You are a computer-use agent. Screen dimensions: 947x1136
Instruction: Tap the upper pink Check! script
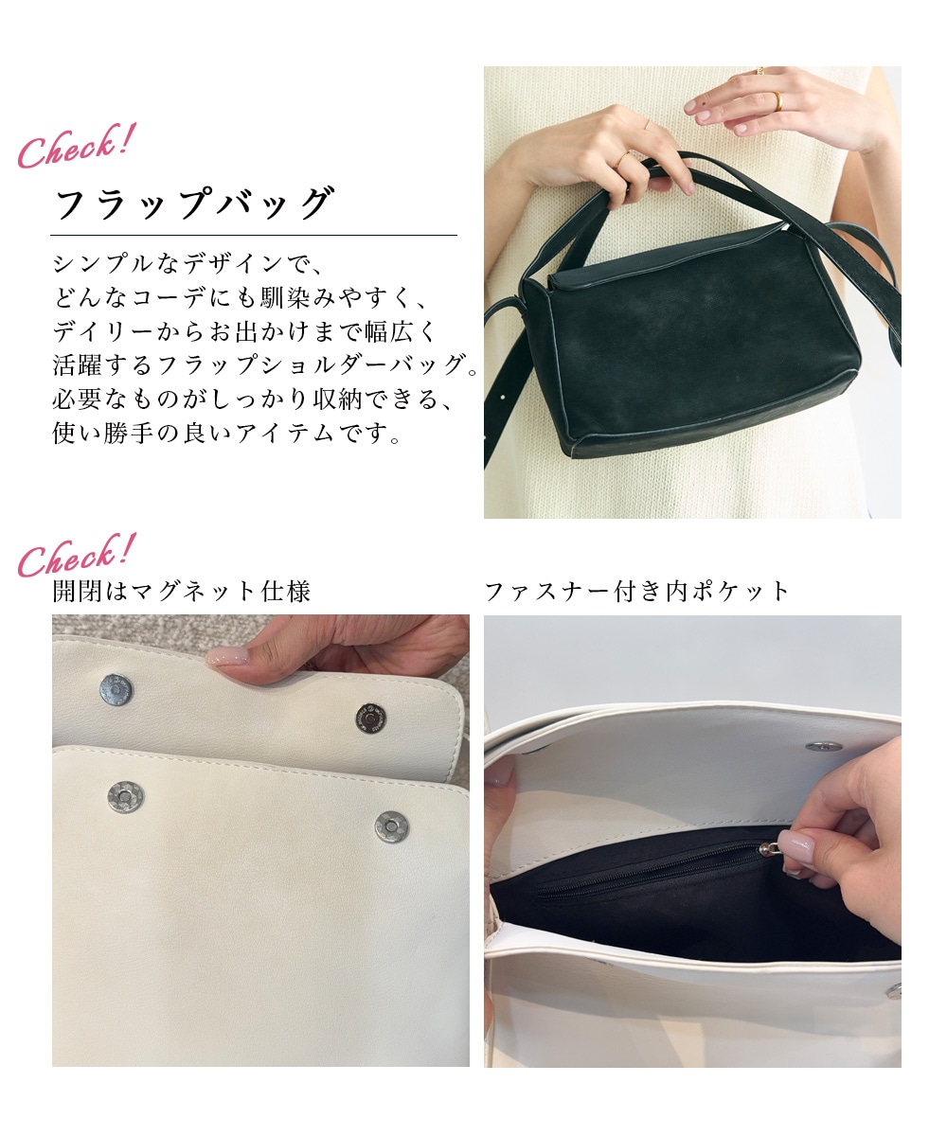(75, 146)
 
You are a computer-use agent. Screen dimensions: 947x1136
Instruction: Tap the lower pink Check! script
(75, 555)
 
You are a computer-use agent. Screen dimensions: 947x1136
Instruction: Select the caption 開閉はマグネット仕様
(181, 592)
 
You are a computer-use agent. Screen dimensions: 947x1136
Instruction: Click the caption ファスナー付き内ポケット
(636, 592)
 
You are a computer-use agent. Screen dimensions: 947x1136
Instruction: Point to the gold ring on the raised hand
(778, 101)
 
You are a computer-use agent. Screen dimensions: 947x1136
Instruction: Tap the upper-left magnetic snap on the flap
(116, 690)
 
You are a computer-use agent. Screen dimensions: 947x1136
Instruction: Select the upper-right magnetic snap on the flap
(371, 719)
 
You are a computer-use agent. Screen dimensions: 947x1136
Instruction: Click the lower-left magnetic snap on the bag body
(125, 797)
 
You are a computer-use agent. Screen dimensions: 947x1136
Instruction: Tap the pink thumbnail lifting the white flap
(228, 656)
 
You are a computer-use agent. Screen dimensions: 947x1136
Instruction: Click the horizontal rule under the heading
(254, 235)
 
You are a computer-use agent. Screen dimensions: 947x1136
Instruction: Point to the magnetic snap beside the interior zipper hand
(824, 747)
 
